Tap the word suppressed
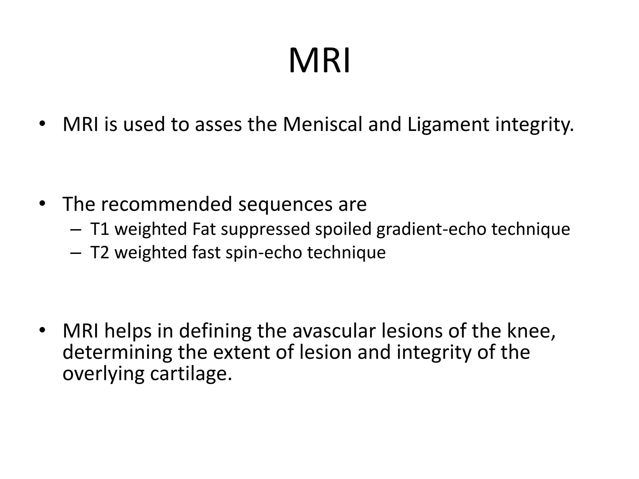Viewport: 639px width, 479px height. point(265,229)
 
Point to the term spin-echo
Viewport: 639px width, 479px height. point(264,253)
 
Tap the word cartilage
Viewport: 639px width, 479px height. point(191,373)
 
